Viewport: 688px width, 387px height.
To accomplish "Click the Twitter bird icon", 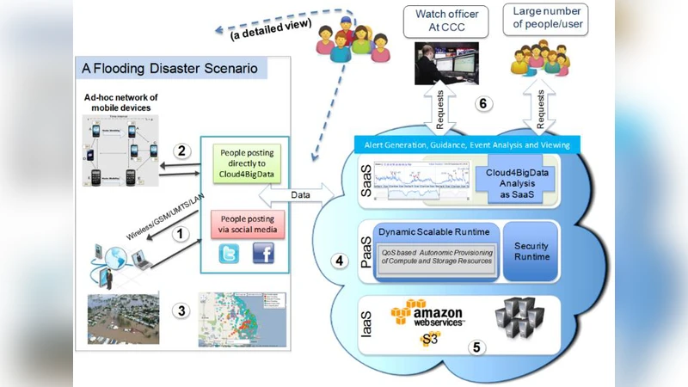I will click(x=230, y=254).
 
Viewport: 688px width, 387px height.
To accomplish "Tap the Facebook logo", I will click(x=265, y=254).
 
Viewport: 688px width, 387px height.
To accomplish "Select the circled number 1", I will click(x=180, y=232).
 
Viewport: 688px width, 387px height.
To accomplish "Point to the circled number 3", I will click(x=180, y=310).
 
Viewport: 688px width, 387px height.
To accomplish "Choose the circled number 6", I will click(x=483, y=103).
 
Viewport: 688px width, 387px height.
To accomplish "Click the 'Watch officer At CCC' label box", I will click(x=448, y=20).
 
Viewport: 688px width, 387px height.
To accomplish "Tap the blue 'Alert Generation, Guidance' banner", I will click(x=464, y=144).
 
